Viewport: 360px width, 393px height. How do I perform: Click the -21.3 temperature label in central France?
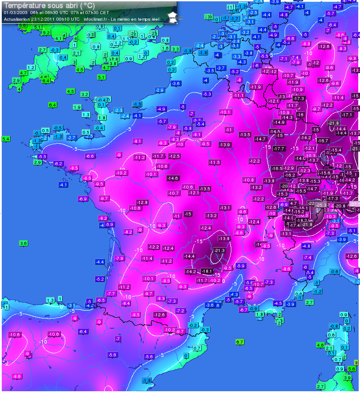click(219, 250)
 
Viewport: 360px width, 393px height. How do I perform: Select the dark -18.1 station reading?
click(207, 271)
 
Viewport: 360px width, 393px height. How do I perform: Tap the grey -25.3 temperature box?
click(321, 205)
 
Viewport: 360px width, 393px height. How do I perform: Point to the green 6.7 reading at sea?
click(240, 341)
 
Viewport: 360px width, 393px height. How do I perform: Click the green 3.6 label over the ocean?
click(24, 243)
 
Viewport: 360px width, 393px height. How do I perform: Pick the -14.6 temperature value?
click(173, 178)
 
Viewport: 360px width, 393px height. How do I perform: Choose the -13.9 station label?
click(225, 145)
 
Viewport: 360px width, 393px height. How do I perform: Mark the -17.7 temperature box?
click(278, 148)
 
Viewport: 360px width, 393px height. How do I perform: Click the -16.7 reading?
click(323, 140)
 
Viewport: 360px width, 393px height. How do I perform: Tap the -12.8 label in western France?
click(143, 202)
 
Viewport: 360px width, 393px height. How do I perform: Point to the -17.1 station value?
click(347, 115)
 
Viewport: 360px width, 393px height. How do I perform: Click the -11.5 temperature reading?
click(214, 163)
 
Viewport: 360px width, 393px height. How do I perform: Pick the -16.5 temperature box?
click(277, 168)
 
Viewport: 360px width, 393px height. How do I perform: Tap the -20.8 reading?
click(340, 206)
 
